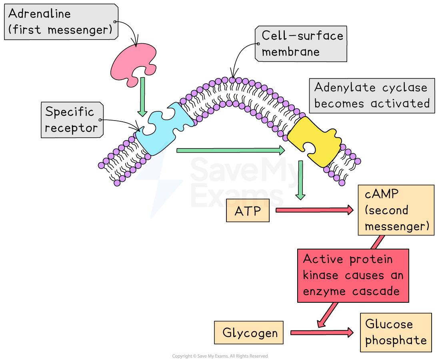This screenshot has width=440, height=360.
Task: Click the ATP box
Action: (x=248, y=211)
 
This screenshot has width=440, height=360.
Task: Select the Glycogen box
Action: (x=249, y=332)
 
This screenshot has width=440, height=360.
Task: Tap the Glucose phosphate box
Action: (x=396, y=332)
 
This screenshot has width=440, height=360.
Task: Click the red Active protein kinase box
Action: (x=353, y=275)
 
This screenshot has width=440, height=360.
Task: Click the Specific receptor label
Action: (x=72, y=120)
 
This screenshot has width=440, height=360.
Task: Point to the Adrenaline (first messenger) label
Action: (x=61, y=22)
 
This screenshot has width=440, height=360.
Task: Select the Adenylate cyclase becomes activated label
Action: (x=372, y=95)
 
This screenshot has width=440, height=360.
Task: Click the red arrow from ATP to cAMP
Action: (x=314, y=210)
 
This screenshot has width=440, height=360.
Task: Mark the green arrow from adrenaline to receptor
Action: (x=142, y=96)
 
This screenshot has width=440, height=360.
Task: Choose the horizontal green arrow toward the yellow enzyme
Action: (x=230, y=150)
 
